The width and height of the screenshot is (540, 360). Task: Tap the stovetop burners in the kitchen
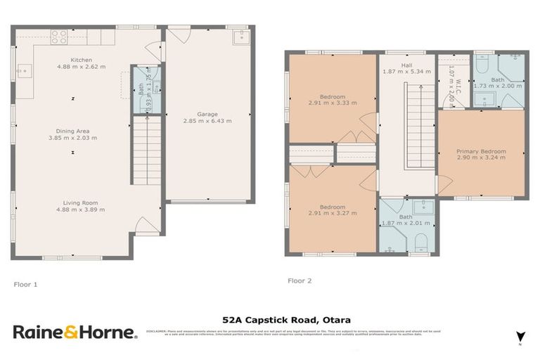coord(59,37)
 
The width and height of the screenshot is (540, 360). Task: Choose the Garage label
coord(207,114)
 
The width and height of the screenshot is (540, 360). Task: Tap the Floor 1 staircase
coord(142,150)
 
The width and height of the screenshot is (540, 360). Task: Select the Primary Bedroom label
coord(480,151)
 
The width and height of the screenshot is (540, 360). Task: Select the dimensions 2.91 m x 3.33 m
coord(332,103)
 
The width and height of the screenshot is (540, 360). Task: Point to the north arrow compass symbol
coord(520,337)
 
